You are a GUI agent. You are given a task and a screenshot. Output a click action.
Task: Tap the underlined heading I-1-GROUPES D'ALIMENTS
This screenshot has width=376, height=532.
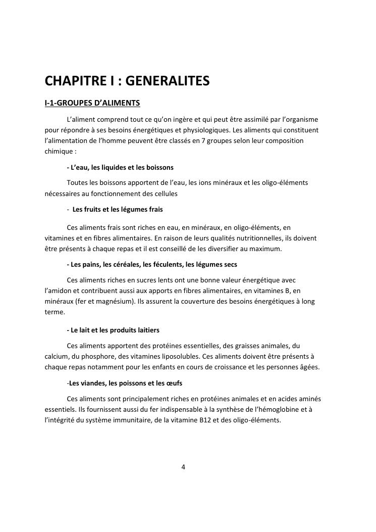(92, 104)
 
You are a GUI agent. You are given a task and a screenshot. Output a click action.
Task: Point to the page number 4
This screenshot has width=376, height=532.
(183, 467)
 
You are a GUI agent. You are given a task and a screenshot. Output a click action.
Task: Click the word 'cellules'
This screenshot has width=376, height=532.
(165, 192)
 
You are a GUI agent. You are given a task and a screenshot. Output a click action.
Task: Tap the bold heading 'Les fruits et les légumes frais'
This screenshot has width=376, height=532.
(118, 209)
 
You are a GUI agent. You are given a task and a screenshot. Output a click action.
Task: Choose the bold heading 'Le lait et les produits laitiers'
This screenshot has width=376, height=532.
(113, 330)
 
